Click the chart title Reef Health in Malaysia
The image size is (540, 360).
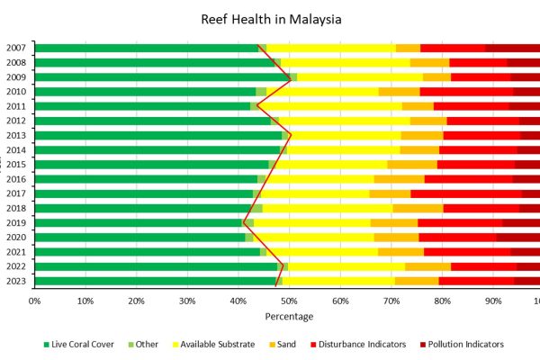tap(271, 19)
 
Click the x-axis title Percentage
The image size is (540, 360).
tap(289, 316)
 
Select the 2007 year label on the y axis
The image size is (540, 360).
tap(15, 48)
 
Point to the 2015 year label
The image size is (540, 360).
tap(15, 164)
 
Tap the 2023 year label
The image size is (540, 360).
tap(15, 281)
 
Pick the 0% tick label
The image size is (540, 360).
tap(34, 301)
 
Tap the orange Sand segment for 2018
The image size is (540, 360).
tap(418, 208)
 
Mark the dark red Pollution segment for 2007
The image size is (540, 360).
tap(513, 48)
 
